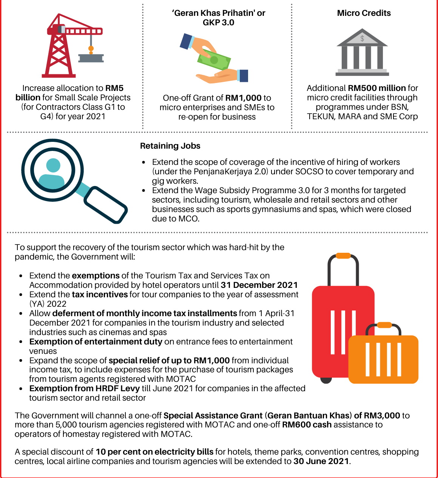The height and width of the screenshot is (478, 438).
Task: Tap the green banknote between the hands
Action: click(x=214, y=59)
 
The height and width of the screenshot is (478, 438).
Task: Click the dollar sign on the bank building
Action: click(x=362, y=38)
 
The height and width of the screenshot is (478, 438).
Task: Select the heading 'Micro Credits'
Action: click(x=364, y=13)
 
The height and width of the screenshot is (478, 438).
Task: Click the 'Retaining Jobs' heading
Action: click(x=170, y=146)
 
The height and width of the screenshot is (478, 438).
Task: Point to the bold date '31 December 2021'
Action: click(x=259, y=285)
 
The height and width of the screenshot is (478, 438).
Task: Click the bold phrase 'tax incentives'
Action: click(x=100, y=295)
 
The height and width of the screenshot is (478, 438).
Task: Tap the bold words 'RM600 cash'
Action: click(x=307, y=425)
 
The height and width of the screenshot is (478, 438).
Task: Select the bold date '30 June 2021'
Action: click(x=321, y=461)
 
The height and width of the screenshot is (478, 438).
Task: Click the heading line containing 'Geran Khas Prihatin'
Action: click(x=218, y=13)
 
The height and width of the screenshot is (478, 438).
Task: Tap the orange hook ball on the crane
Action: click(x=91, y=49)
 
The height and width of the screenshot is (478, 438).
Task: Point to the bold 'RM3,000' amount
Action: click(x=382, y=416)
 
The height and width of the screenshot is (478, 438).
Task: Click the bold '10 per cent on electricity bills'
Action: click(x=154, y=452)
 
